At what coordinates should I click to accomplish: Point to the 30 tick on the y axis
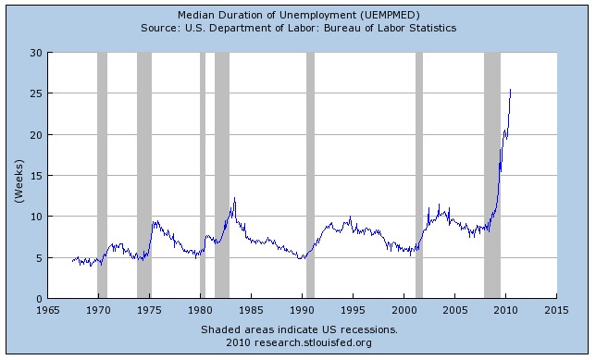pos(36,53)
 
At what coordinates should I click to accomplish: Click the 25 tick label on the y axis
pos(36,93)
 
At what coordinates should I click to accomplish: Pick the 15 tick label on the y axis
pos(36,176)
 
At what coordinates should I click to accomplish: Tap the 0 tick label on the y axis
pos(40,299)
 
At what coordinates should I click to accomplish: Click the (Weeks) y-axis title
pos(19,181)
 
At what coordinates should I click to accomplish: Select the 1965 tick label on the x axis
pos(48,310)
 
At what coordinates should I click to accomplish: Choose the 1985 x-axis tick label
pos(251,310)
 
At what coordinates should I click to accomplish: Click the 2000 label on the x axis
pos(404,310)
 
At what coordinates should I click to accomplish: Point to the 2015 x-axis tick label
pos(556,310)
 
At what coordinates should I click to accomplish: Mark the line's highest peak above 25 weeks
pos(511,90)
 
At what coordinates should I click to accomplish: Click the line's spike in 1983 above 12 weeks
pos(234,198)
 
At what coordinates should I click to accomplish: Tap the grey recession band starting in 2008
pos(492,175)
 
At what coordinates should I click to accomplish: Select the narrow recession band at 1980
pos(203,175)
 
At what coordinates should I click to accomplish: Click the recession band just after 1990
pos(311,175)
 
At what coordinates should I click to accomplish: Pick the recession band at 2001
pos(419,175)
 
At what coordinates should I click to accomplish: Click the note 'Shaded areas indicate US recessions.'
pos(299,329)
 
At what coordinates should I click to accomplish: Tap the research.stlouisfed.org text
pos(313,343)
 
